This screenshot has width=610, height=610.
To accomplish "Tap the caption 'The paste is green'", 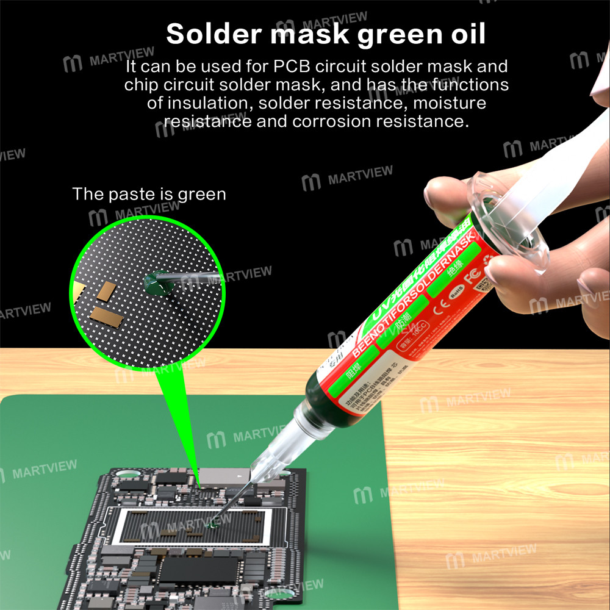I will pyautogui.click(x=149, y=195).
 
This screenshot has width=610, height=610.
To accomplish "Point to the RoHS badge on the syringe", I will pyautogui.click(x=457, y=294).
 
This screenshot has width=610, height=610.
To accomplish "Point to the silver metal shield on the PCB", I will pyautogui.click(x=220, y=474).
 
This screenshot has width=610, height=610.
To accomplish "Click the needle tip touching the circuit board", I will pyautogui.click(x=212, y=523).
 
